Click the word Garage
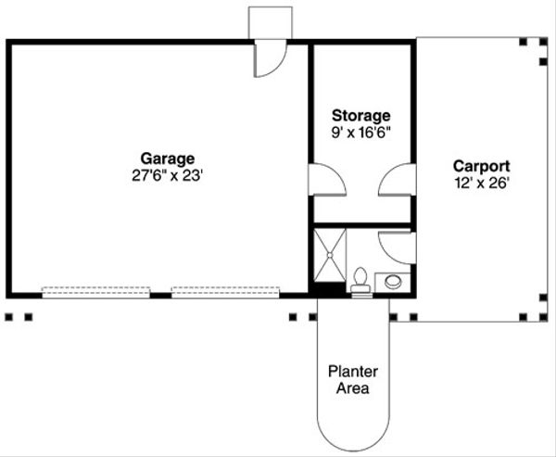168,158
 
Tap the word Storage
361,116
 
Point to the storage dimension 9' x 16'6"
361,132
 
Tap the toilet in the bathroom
360,279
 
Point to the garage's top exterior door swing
269,60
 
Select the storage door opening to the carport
397,179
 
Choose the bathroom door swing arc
397,247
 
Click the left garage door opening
96,291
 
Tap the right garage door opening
225,291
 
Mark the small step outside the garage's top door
271,23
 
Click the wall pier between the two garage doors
160,293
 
